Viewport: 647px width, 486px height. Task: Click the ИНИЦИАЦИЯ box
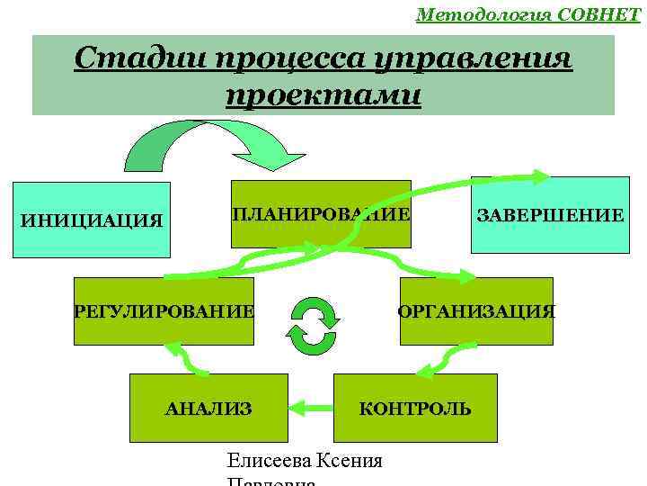pos(93,220)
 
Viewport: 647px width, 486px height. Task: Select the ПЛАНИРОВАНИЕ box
pos(321,214)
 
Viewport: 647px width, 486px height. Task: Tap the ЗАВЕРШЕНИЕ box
pos(549,215)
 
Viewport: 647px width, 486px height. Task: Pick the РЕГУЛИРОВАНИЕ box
pos(164,311)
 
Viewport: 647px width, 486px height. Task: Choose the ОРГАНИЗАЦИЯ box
pos(476,311)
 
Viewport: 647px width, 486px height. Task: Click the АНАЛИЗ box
pos(208,409)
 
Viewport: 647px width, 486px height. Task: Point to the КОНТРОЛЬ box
pos(414,409)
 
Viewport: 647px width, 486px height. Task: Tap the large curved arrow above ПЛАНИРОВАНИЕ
pos(216,144)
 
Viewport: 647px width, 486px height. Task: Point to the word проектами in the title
pos(323,94)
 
